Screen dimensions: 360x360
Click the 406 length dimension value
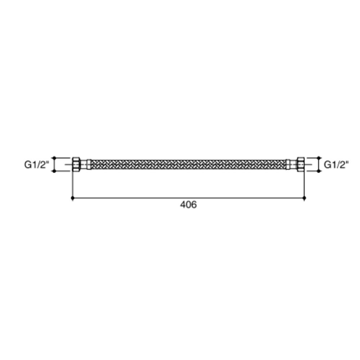pyautogui.click(x=188, y=205)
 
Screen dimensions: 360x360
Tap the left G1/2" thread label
pyautogui.click(x=36, y=165)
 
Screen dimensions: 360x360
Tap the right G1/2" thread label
pyautogui.click(x=336, y=165)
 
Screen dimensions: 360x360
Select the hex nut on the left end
pyautogui.click(x=76, y=164)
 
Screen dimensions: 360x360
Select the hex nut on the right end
pyautogui.click(x=301, y=164)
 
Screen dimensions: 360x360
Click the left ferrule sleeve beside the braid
pyautogui.click(x=89, y=165)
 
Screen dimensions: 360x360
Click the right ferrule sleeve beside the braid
pyautogui.click(x=288, y=165)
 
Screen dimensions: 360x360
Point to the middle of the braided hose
pyautogui.click(x=188, y=165)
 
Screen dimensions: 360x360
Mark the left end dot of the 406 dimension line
pyautogui.click(x=73, y=198)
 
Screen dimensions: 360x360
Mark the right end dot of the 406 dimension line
pyautogui.click(x=304, y=198)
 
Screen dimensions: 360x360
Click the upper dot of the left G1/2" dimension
pyautogui.click(x=54, y=158)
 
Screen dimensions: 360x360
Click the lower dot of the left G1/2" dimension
pyautogui.click(x=54, y=171)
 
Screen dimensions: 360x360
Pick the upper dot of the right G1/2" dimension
pyautogui.click(x=318, y=158)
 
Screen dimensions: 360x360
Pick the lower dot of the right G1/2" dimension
pyautogui.click(x=318, y=171)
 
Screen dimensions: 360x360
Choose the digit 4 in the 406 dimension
pyautogui.click(x=183, y=205)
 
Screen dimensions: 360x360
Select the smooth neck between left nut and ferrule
pyautogui.click(x=84, y=165)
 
